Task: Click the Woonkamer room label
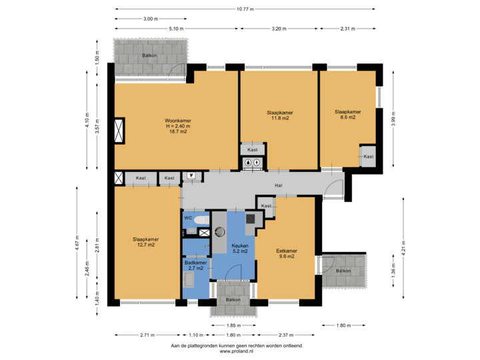[178, 121]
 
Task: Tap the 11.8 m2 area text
[279, 118]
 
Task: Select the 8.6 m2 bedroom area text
[347, 117]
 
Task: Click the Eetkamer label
[287, 251]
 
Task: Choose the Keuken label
[240, 246]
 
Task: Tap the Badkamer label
[195, 263]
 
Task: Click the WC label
[188, 217]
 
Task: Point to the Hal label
[279, 186]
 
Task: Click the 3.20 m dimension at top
[279, 29]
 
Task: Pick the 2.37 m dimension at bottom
[286, 334]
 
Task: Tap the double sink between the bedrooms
[252, 161]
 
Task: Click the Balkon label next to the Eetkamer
[343, 271]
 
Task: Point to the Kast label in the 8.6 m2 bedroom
[368, 157]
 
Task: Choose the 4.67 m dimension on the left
[77, 240]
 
